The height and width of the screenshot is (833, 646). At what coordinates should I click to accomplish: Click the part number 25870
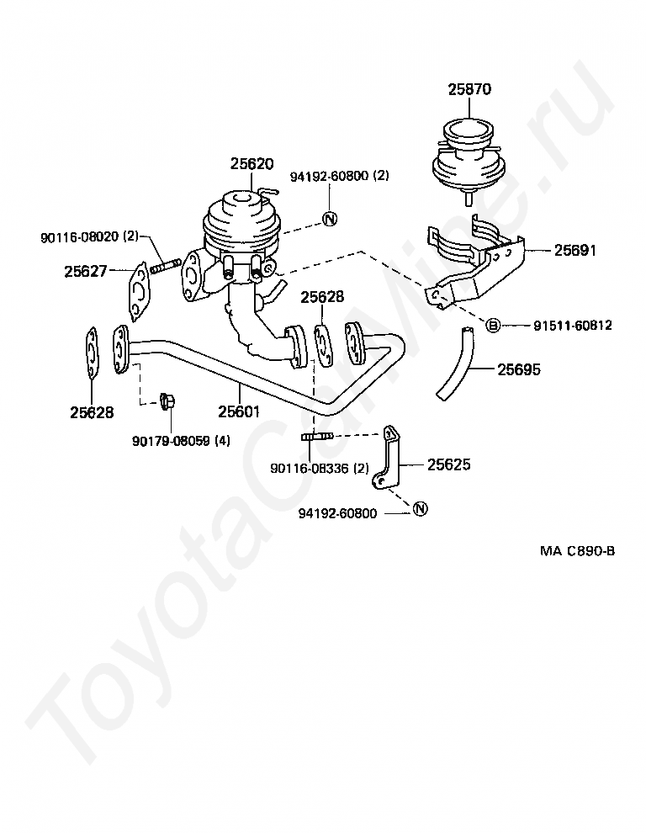[x=469, y=88]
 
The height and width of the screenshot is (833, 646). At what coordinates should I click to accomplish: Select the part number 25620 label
[x=251, y=162]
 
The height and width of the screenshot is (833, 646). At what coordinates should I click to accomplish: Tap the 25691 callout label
[x=575, y=249]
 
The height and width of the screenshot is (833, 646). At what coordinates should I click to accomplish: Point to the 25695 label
[x=518, y=369]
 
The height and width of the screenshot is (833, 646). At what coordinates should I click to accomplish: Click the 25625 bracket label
[x=448, y=464]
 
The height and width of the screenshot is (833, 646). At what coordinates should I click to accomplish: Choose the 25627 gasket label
[x=86, y=271]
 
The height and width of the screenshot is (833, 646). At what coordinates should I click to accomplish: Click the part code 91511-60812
[x=572, y=325]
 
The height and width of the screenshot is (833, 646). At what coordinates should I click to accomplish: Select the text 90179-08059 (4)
[x=181, y=440]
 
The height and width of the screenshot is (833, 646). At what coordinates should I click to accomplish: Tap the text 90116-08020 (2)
[x=89, y=237]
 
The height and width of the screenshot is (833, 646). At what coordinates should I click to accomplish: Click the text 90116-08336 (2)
[x=320, y=468]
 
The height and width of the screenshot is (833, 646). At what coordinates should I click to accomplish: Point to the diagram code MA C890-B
[x=577, y=552]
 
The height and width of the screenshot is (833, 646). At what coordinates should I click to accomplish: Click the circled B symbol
[x=494, y=325]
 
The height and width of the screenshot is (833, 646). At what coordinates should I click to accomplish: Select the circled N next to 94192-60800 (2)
[x=330, y=220]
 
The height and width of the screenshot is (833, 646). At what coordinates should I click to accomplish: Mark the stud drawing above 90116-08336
[x=316, y=436]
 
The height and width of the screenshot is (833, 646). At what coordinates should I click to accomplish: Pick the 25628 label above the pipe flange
[x=322, y=296]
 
